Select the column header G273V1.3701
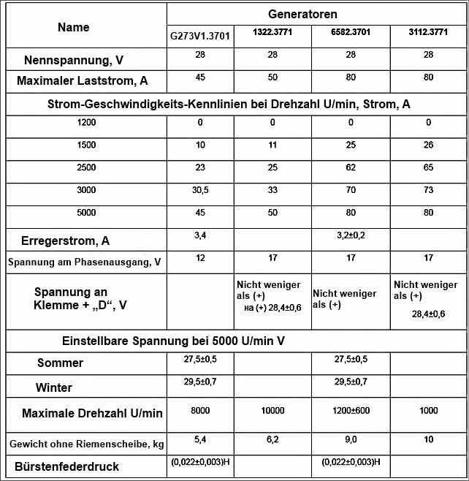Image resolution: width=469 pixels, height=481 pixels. pyautogui.click(x=199, y=36)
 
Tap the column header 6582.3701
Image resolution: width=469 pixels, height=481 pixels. pyautogui.click(x=350, y=32)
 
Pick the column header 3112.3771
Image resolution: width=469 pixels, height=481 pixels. pyautogui.click(x=428, y=32)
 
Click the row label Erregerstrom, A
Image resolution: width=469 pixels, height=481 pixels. pyautogui.click(x=61, y=240)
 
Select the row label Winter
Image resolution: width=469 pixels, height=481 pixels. pyautogui.click(x=55, y=387)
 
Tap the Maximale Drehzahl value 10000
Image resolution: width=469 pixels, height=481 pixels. pyautogui.click(x=272, y=411)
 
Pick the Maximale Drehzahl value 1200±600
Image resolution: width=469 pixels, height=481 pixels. pyautogui.click(x=351, y=411)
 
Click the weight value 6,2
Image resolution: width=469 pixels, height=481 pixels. pyautogui.click(x=272, y=439)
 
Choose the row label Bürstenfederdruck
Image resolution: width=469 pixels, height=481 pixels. pyautogui.click(x=66, y=466)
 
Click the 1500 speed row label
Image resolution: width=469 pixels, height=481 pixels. pyautogui.click(x=86, y=145)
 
